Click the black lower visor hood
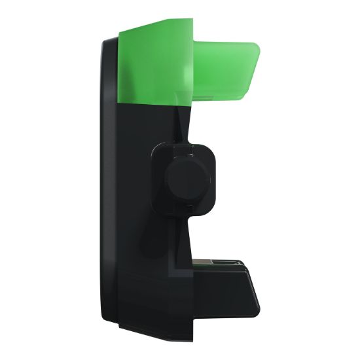tap(226, 288)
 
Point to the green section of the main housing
tap(147, 65)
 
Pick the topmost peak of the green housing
tap(190, 20)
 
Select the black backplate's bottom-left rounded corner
tap(107, 321)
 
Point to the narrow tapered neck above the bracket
tap(187, 128)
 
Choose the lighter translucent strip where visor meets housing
tap(187, 65)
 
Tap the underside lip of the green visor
tap(216, 96)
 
